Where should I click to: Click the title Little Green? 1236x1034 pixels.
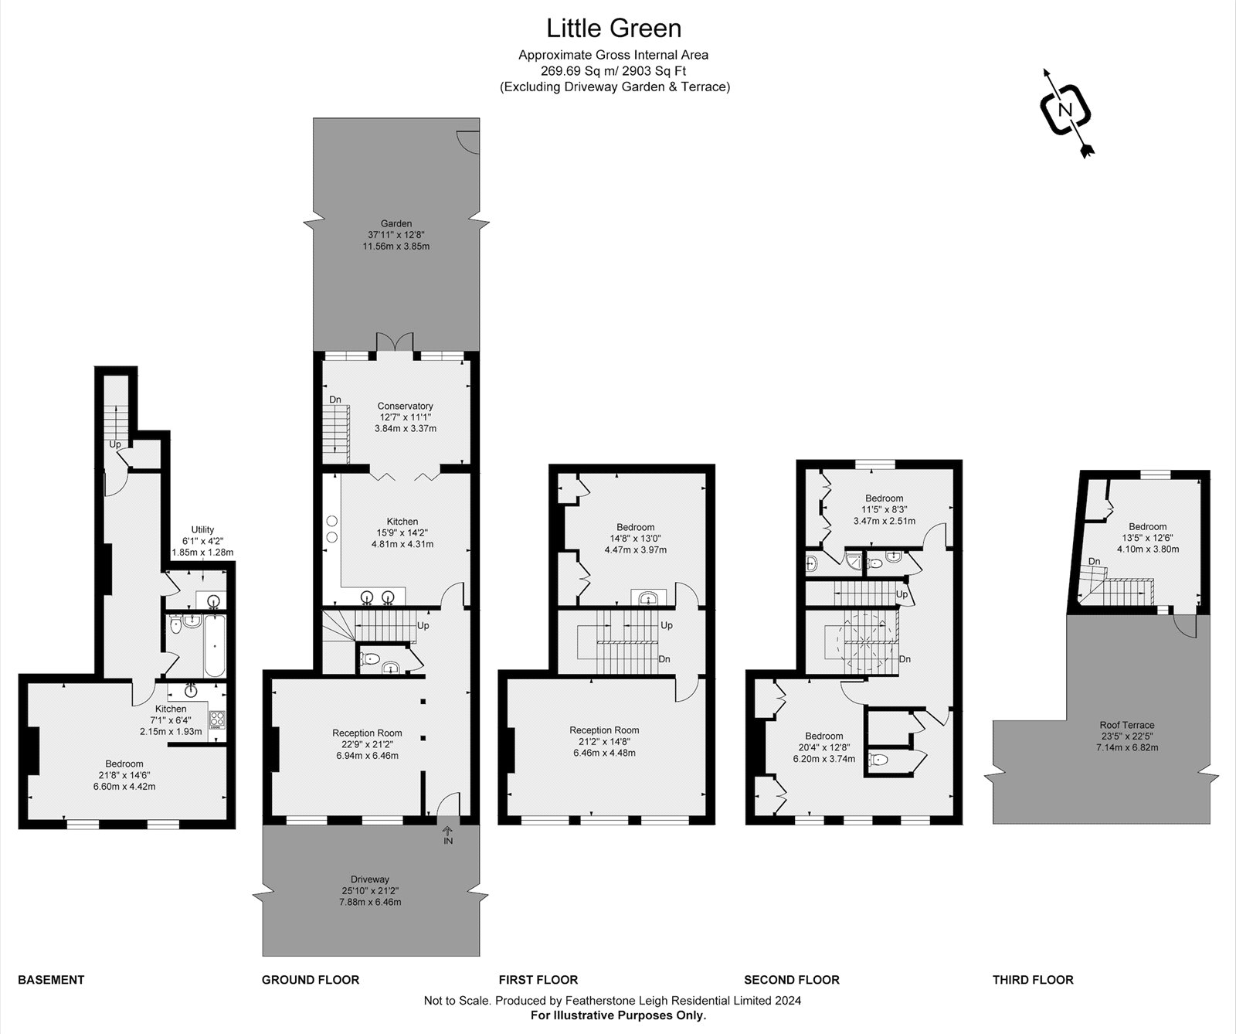click(x=614, y=29)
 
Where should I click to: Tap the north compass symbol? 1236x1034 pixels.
click(x=1066, y=111)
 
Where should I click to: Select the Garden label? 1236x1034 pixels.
click(x=396, y=224)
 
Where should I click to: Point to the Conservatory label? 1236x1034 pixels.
click(x=405, y=406)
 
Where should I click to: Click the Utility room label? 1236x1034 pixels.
click(x=202, y=529)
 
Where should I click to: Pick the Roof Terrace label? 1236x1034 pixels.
click(x=1127, y=725)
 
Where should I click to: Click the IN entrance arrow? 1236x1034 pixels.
click(x=448, y=835)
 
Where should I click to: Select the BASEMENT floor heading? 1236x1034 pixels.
click(x=51, y=980)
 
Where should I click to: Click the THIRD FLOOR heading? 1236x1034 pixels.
click(x=1033, y=980)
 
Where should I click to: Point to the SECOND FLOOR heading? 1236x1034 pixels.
click(x=791, y=980)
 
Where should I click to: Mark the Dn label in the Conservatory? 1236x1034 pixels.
click(x=335, y=400)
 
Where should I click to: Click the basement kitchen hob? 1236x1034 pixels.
click(x=217, y=720)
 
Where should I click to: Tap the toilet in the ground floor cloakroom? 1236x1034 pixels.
click(x=370, y=659)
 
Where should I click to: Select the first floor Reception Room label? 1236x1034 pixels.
click(x=604, y=730)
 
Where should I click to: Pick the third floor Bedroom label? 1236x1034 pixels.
click(x=1146, y=527)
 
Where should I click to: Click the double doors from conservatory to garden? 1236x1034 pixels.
click(x=395, y=344)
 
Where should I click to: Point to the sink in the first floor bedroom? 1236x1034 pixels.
click(x=648, y=597)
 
